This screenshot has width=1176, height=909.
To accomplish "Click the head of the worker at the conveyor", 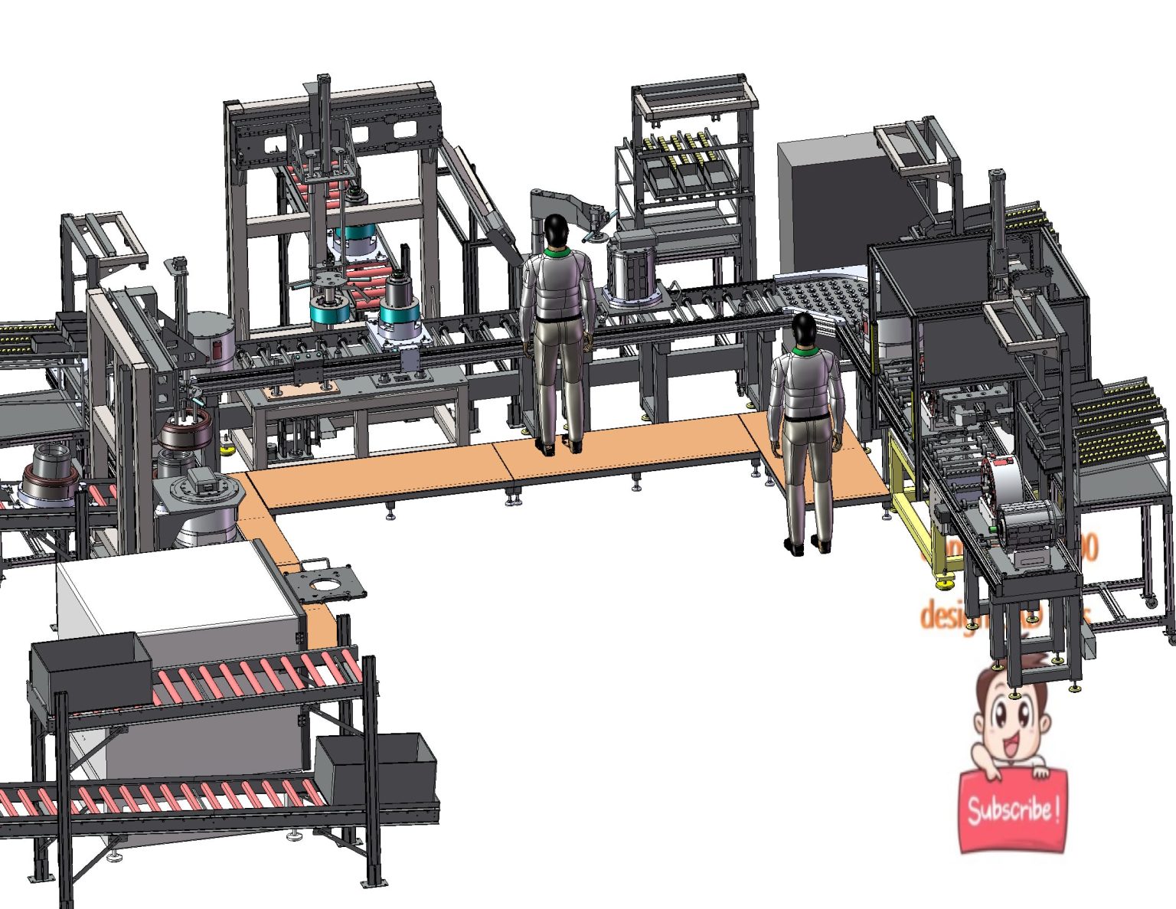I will tap(557, 230).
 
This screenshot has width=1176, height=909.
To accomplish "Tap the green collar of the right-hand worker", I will tap(805, 352).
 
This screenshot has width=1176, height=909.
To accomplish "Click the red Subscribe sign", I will tap(1012, 811).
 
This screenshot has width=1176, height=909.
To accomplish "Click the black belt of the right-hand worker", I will tap(806, 417).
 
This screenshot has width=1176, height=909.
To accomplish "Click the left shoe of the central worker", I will tap(546, 447).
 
